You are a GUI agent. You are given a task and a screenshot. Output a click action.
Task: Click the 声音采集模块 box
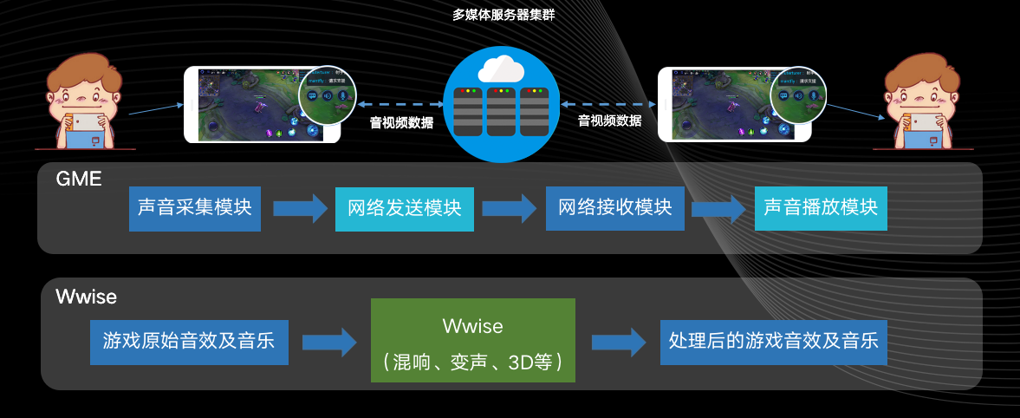click(x=195, y=208)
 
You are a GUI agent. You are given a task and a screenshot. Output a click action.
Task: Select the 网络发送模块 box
click(x=405, y=209)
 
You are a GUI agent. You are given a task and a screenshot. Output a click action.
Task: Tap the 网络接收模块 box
click(x=615, y=208)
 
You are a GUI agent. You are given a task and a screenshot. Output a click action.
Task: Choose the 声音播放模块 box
click(x=821, y=208)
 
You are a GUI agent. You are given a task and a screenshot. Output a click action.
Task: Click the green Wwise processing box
click(x=473, y=341)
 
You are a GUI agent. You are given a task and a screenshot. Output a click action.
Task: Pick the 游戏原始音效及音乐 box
click(x=188, y=341)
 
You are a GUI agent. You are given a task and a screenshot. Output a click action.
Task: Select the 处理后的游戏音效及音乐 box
click(x=774, y=341)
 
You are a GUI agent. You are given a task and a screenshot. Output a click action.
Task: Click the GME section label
click(x=79, y=180)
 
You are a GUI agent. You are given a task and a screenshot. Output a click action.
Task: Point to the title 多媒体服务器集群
click(x=504, y=14)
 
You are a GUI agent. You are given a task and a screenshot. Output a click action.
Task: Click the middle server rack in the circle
click(x=504, y=110)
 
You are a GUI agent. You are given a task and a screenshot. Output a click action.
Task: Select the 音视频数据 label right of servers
click(x=610, y=121)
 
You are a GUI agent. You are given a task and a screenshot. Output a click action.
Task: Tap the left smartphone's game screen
click(x=251, y=105)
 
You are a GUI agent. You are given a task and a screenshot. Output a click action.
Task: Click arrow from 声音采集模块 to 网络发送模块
click(x=298, y=209)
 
